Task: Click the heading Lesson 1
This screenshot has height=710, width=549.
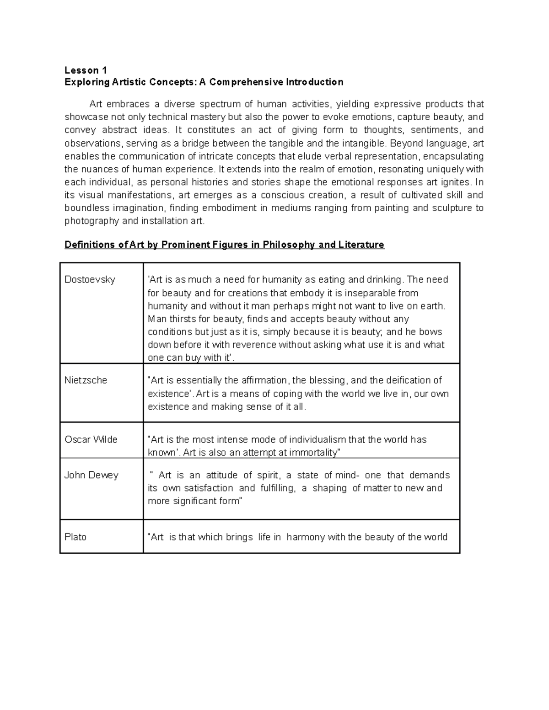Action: tap(86, 70)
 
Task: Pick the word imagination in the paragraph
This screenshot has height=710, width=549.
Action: tap(138, 208)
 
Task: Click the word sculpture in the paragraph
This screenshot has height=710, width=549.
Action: tap(450, 208)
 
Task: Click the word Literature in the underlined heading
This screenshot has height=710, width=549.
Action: tap(361, 245)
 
